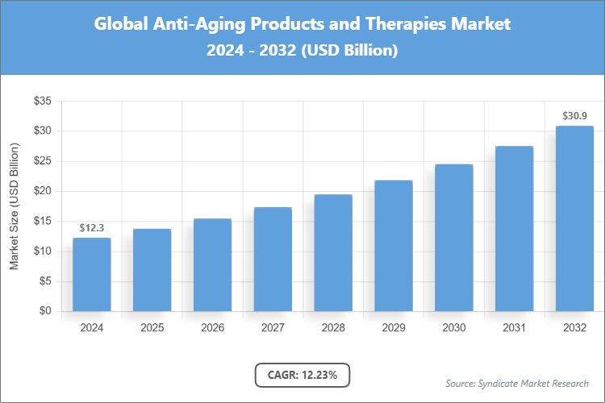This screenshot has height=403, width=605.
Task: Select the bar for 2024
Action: [91, 274]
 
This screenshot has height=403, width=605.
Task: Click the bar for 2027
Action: [273, 259]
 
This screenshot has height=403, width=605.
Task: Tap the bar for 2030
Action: [454, 238]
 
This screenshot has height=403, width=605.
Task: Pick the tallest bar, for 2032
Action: [574, 218]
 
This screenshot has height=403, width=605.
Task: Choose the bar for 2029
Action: [394, 246]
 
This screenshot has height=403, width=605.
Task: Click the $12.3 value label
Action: [91, 229]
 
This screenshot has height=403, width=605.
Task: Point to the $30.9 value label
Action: [574, 116]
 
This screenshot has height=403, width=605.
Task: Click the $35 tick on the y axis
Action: [42, 102]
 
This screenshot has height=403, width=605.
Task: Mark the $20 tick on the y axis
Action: [42, 191]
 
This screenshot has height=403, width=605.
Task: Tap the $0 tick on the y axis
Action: [45, 312]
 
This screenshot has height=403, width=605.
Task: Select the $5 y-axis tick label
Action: [45, 281]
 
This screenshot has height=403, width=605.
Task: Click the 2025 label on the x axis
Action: [152, 328]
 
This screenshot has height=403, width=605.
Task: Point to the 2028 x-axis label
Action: [333, 328]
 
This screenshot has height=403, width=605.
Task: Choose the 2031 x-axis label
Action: [514, 328]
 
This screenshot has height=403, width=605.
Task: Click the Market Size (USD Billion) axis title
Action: [15, 207]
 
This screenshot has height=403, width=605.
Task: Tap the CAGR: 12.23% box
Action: [302, 375]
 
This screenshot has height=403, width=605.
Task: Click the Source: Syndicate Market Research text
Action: [517, 383]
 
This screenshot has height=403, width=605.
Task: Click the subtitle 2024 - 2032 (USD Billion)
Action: [302, 50]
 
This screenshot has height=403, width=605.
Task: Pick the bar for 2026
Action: [212, 265]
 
